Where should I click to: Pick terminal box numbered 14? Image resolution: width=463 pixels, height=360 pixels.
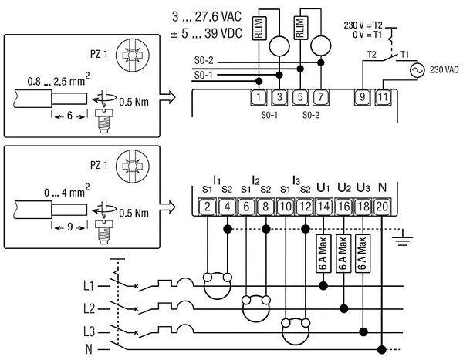coord(324,206)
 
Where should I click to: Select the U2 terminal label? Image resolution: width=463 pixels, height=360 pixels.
coord(344,187)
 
